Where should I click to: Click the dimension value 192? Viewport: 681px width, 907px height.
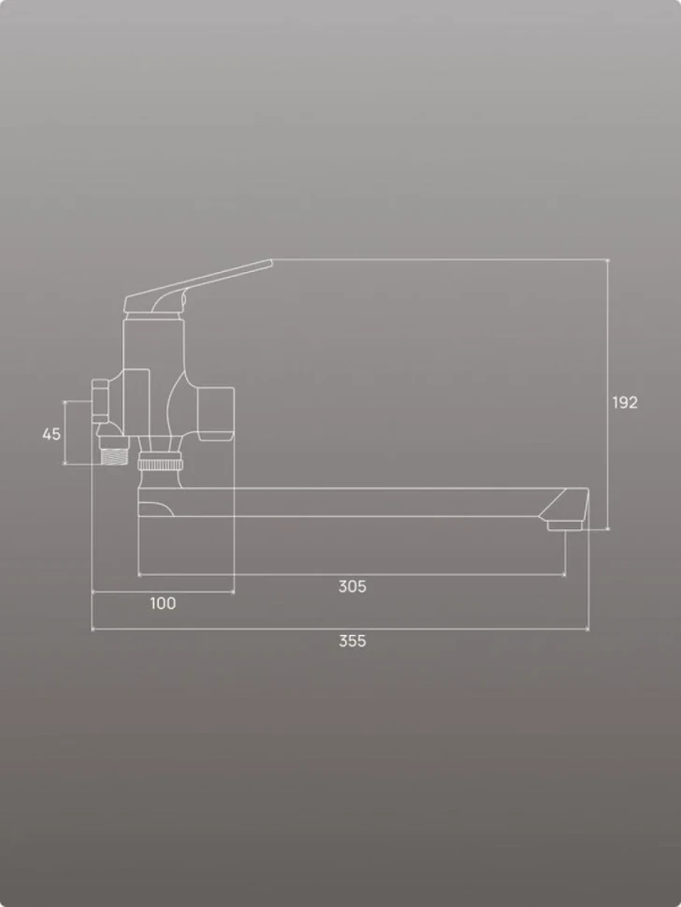625,403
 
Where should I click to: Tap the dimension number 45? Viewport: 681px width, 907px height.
51,434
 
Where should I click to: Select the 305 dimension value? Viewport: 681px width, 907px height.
353,586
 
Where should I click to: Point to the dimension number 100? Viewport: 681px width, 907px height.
163,603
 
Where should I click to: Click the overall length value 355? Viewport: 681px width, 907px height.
353,641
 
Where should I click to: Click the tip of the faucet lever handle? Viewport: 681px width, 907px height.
270,262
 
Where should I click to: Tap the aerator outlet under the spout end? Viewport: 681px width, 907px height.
564,525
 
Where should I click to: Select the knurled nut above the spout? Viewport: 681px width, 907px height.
160,464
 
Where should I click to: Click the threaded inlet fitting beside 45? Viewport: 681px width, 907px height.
114,451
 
